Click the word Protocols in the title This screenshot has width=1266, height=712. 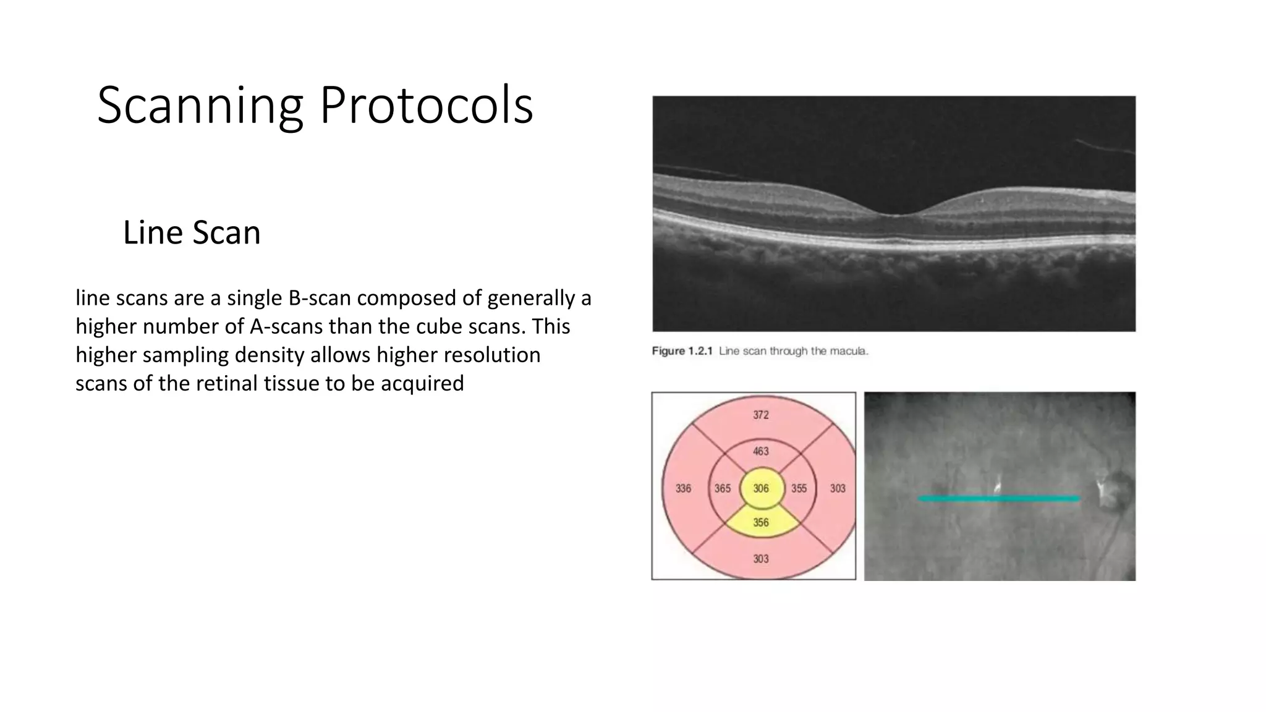425,106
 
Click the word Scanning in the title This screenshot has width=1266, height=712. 200,106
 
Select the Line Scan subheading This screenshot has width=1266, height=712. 192,233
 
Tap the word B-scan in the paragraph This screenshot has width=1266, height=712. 319,299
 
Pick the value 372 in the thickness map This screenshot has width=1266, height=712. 760,415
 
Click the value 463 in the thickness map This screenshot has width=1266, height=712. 760,451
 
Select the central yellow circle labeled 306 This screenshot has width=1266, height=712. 761,488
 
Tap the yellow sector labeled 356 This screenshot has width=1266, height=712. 761,523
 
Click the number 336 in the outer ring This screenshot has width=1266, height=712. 683,488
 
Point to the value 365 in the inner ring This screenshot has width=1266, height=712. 722,488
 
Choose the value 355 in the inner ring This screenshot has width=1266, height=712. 799,488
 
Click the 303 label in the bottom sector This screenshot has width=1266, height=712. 760,559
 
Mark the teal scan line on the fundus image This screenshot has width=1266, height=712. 998,498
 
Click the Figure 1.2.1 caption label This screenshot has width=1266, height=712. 682,351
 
